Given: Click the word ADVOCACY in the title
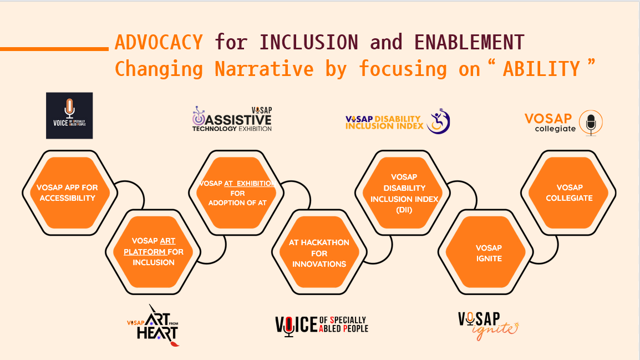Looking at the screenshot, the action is (x=159, y=43).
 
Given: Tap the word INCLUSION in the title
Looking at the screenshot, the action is (x=308, y=43).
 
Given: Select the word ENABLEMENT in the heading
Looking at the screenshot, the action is (x=469, y=43).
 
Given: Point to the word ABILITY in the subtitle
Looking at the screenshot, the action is (x=541, y=69).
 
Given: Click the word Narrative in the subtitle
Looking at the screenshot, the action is (x=264, y=69).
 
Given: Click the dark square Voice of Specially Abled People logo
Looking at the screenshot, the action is (x=69, y=115).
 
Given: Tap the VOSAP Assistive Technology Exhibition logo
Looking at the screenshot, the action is (x=232, y=119).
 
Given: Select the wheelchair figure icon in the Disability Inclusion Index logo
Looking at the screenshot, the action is (x=438, y=121).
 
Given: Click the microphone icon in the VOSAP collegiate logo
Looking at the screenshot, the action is (x=591, y=123).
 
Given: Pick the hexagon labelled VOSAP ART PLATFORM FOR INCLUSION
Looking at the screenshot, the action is (x=153, y=252).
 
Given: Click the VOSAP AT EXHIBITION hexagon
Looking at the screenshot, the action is (x=236, y=192).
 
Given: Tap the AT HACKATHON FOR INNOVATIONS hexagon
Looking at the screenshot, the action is (x=319, y=252).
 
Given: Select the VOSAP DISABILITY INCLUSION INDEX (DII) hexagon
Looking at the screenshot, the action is (x=403, y=192).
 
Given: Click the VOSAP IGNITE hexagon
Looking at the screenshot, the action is (x=486, y=252).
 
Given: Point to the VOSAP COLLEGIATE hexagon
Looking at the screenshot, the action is (x=568, y=192).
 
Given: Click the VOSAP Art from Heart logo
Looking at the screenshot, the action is (x=154, y=325).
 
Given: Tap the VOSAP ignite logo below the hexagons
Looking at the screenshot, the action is (x=488, y=326).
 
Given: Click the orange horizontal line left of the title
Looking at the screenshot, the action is (x=54, y=49).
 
